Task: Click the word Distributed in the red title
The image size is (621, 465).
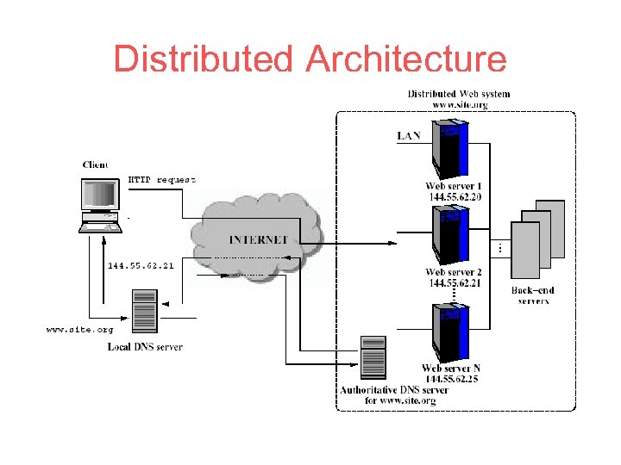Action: (203, 59)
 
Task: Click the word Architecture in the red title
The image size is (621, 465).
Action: (406, 59)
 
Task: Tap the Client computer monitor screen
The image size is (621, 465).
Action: (100, 194)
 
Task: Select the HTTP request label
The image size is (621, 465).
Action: (161, 180)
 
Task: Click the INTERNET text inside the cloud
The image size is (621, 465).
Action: (258, 239)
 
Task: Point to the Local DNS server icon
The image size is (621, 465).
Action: (145, 311)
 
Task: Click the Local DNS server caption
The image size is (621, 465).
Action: (145, 347)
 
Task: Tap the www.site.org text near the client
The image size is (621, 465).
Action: (79, 329)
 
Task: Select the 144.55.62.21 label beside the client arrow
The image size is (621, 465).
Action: (141, 266)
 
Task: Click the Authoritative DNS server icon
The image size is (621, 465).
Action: (373, 357)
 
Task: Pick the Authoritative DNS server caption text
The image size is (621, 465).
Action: (394, 395)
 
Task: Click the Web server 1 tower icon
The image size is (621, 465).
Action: (450, 150)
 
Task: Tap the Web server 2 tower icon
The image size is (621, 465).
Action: (451, 236)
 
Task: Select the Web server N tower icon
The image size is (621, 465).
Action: (451, 332)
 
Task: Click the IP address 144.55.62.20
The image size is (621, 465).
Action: (455, 197)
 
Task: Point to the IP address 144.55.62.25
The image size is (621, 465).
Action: (452, 379)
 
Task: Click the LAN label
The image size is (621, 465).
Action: (408, 136)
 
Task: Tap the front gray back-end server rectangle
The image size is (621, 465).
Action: (525, 250)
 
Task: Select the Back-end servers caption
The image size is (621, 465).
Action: (533, 295)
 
